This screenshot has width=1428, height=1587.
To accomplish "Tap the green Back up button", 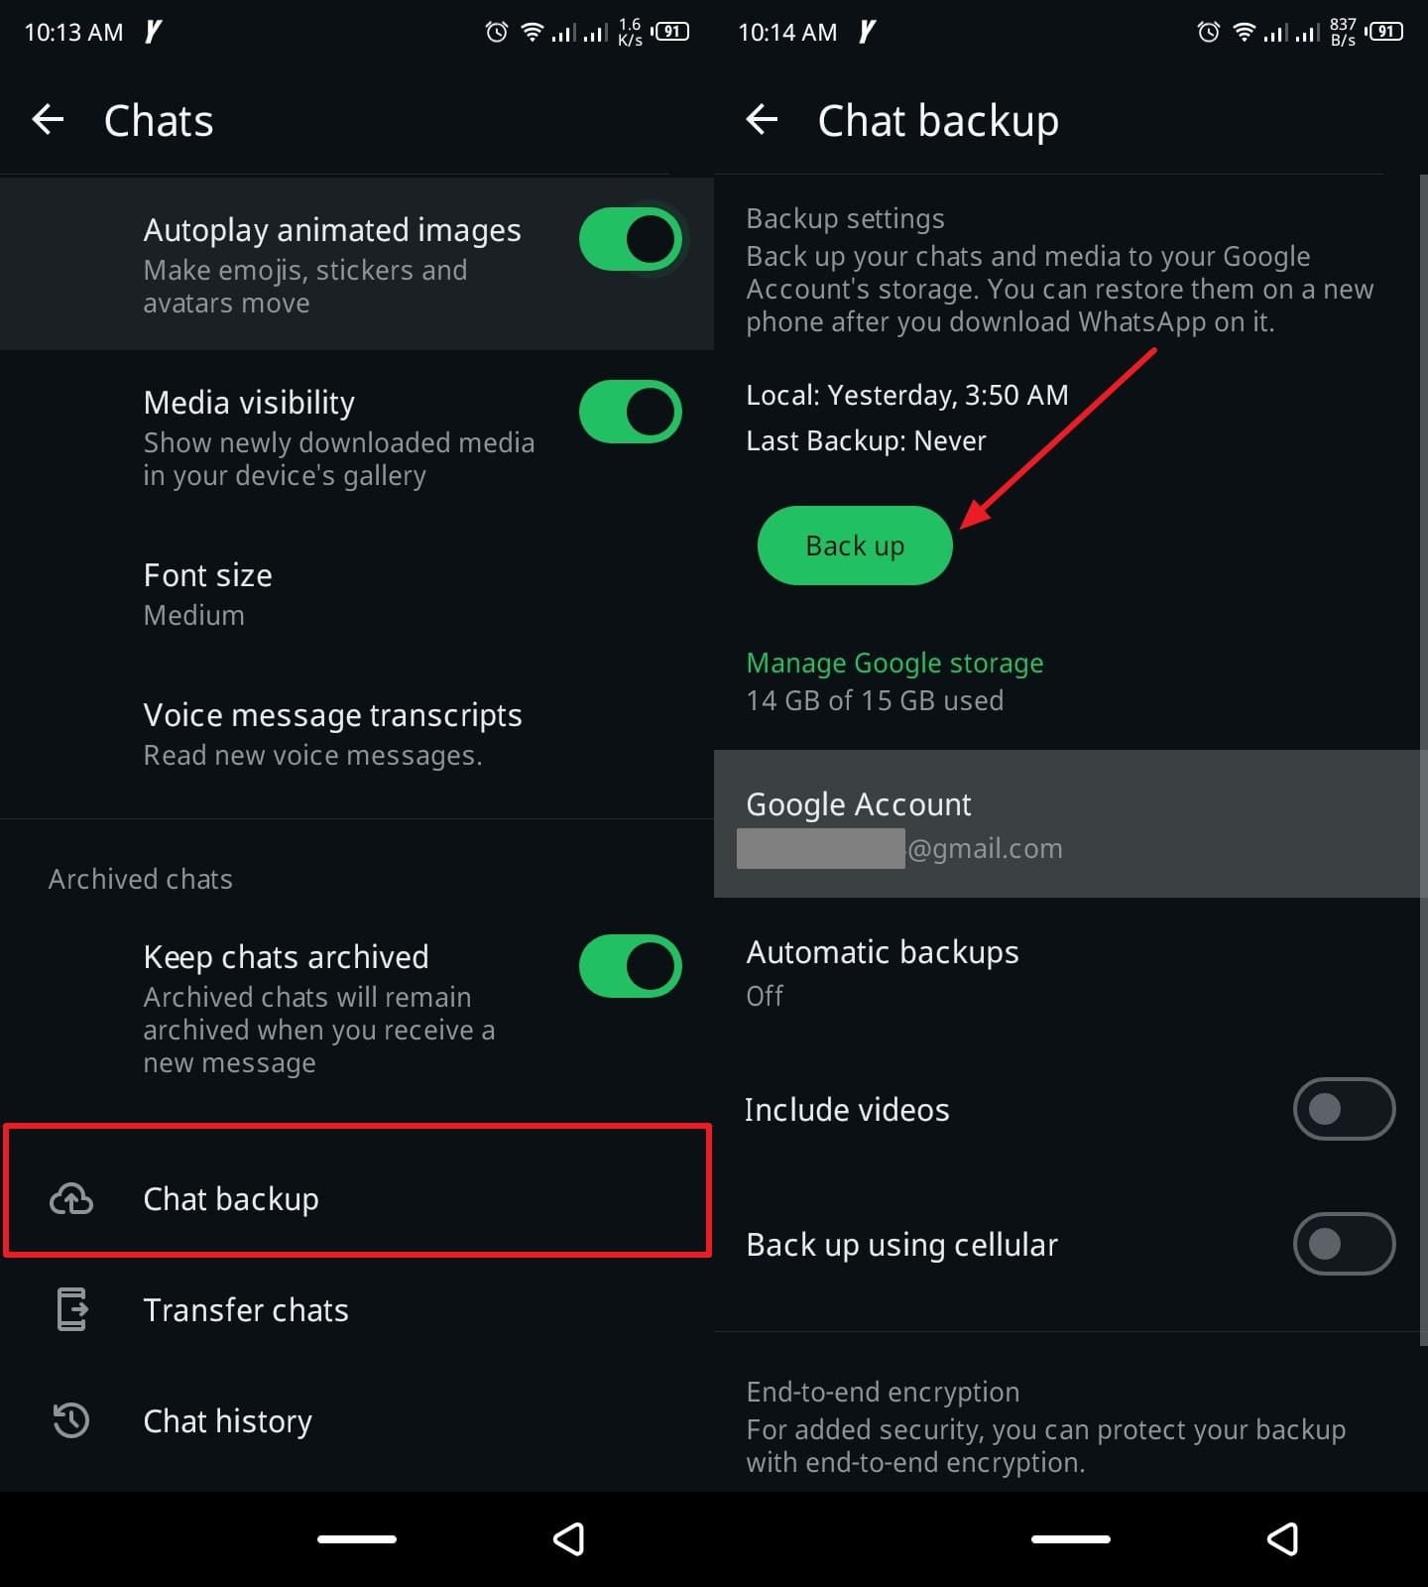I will pos(855,546).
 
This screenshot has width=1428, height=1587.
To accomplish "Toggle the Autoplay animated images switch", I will pos(630,239).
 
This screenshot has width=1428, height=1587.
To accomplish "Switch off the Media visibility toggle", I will pos(630,412).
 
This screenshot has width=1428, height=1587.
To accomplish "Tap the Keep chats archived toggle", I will pos(630,966).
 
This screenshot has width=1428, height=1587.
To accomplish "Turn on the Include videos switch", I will pos(1344,1109).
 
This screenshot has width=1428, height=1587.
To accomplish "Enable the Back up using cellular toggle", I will pos(1344,1244).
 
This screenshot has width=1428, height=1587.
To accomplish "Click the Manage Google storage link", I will pos(894,663).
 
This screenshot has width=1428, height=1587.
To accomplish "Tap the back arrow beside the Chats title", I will pos(48,120).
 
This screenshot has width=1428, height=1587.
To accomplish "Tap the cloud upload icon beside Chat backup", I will pos(71,1199).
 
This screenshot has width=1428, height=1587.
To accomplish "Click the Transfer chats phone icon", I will pos(71,1309).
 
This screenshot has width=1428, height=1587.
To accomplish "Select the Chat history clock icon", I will pos(71,1420).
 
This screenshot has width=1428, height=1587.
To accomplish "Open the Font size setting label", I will pos(207,575).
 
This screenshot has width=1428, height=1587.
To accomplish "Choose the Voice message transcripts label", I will pos(332,715).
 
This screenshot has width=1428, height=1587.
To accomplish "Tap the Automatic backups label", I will pos(882,952).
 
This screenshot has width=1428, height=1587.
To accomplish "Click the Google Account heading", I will pos(858,804).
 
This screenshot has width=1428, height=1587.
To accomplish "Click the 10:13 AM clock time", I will pos(73,33).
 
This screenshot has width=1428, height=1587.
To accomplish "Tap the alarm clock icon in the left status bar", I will pos(497,32).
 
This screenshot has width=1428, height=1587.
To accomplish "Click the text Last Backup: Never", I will pos(866,441).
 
